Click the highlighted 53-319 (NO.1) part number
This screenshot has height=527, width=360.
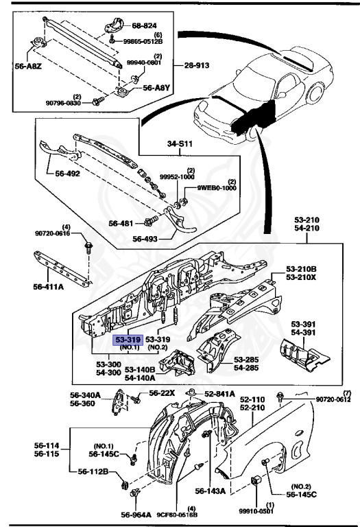127,339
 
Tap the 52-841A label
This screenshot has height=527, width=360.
224,394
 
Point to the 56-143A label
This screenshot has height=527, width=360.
209,491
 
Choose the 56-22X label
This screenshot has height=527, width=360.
163,393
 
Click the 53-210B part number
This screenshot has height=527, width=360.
301,269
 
